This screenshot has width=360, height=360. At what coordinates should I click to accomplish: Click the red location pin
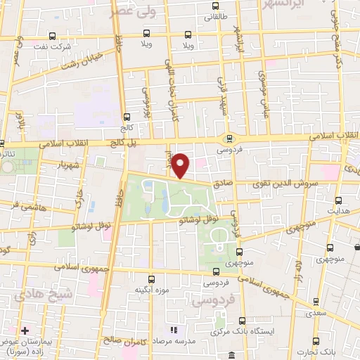[x=181, y=165]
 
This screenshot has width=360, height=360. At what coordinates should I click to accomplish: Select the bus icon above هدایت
[x=339, y=200]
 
